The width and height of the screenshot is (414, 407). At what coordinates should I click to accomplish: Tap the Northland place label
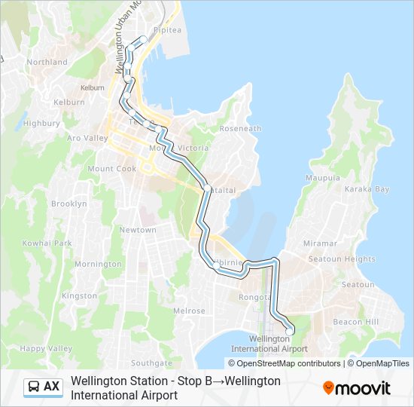click(x=47, y=63)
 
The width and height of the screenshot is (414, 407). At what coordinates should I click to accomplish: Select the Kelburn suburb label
click(x=69, y=102)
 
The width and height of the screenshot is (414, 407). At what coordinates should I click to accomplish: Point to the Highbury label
click(x=36, y=123)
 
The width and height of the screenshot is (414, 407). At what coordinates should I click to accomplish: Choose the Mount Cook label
click(x=111, y=169)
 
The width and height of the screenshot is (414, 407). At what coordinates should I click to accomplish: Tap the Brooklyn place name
click(x=69, y=204)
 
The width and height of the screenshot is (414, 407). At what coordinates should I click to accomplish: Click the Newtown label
click(x=138, y=230)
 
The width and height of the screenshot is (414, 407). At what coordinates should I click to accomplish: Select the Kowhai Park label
click(x=47, y=243)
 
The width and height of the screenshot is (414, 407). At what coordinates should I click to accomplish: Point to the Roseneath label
click(x=240, y=129)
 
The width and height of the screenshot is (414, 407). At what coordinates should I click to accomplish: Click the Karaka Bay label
click(x=367, y=189)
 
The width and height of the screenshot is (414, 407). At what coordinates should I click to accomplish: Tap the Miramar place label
click(x=320, y=243)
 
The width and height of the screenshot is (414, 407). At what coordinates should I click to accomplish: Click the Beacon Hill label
click(x=356, y=322)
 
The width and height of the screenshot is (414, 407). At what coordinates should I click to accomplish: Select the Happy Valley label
click(x=46, y=348)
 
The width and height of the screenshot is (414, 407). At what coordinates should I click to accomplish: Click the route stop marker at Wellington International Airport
click(x=289, y=331)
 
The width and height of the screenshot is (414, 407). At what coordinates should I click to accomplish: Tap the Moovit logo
click(x=356, y=388)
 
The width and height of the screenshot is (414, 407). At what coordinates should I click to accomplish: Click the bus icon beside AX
click(x=34, y=387)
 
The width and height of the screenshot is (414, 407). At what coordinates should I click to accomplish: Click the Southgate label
click(x=151, y=363)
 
